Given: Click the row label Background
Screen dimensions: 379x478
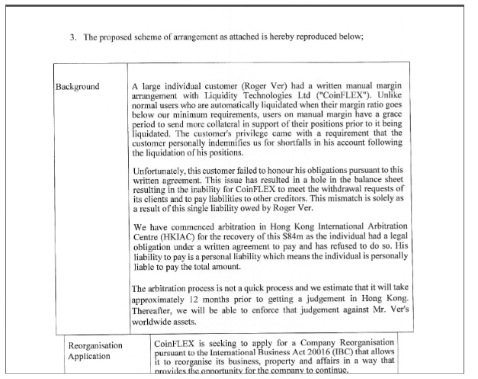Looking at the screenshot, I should coord(76,86).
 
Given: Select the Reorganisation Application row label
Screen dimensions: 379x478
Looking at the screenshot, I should coord(95,350).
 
